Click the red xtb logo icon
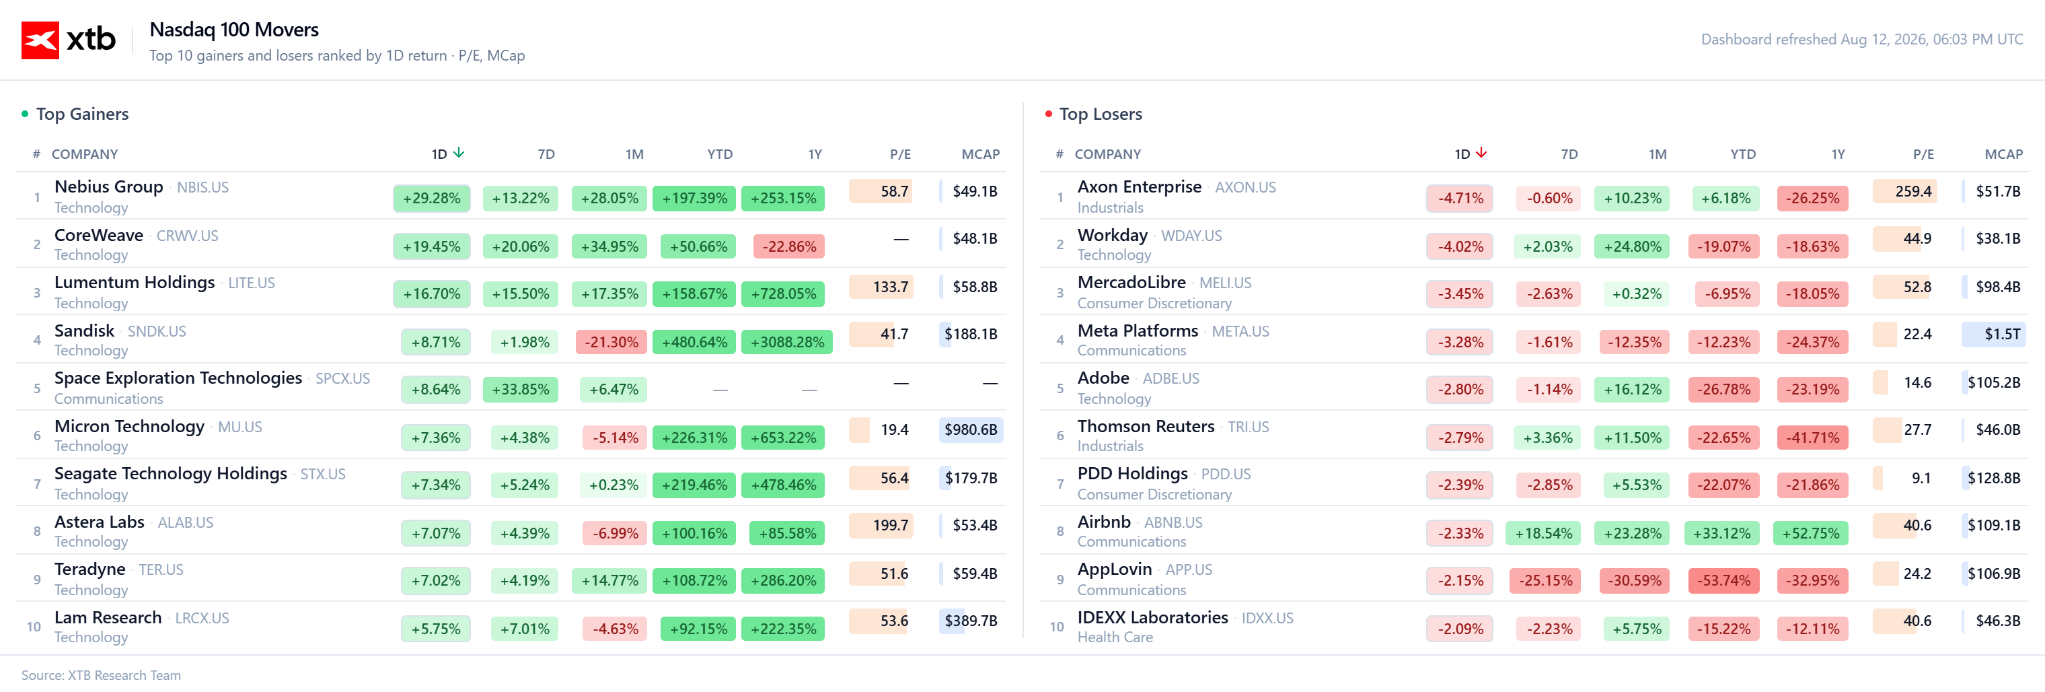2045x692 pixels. pyautogui.click(x=40, y=40)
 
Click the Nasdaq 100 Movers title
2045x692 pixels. pyautogui.click(x=234, y=30)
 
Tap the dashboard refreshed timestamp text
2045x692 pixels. pyautogui.click(x=1861, y=40)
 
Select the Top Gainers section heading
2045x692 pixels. pyautogui.click(x=83, y=114)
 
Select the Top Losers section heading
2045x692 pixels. pyautogui.click(x=1101, y=114)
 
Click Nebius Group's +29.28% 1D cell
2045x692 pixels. pyautogui.click(x=432, y=199)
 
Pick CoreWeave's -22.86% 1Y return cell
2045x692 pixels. pyautogui.click(x=789, y=246)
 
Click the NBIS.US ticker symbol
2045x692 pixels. pyautogui.click(x=202, y=188)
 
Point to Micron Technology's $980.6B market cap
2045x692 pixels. pyautogui.click(x=970, y=430)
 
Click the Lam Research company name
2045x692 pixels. pyautogui.click(x=108, y=617)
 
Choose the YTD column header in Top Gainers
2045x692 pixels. pyautogui.click(x=720, y=154)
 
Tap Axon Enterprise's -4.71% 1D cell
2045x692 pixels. pyautogui.click(x=1460, y=199)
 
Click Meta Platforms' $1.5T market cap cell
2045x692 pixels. pyautogui.click(x=1993, y=335)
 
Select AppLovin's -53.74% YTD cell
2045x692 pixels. pyautogui.click(x=1723, y=581)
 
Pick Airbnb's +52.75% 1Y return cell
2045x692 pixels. pyautogui.click(x=1811, y=533)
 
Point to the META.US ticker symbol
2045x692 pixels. pyautogui.click(x=1240, y=331)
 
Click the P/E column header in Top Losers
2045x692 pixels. pyautogui.click(x=1923, y=154)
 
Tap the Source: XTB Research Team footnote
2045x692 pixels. pyautogui.click(x=101, y=675)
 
